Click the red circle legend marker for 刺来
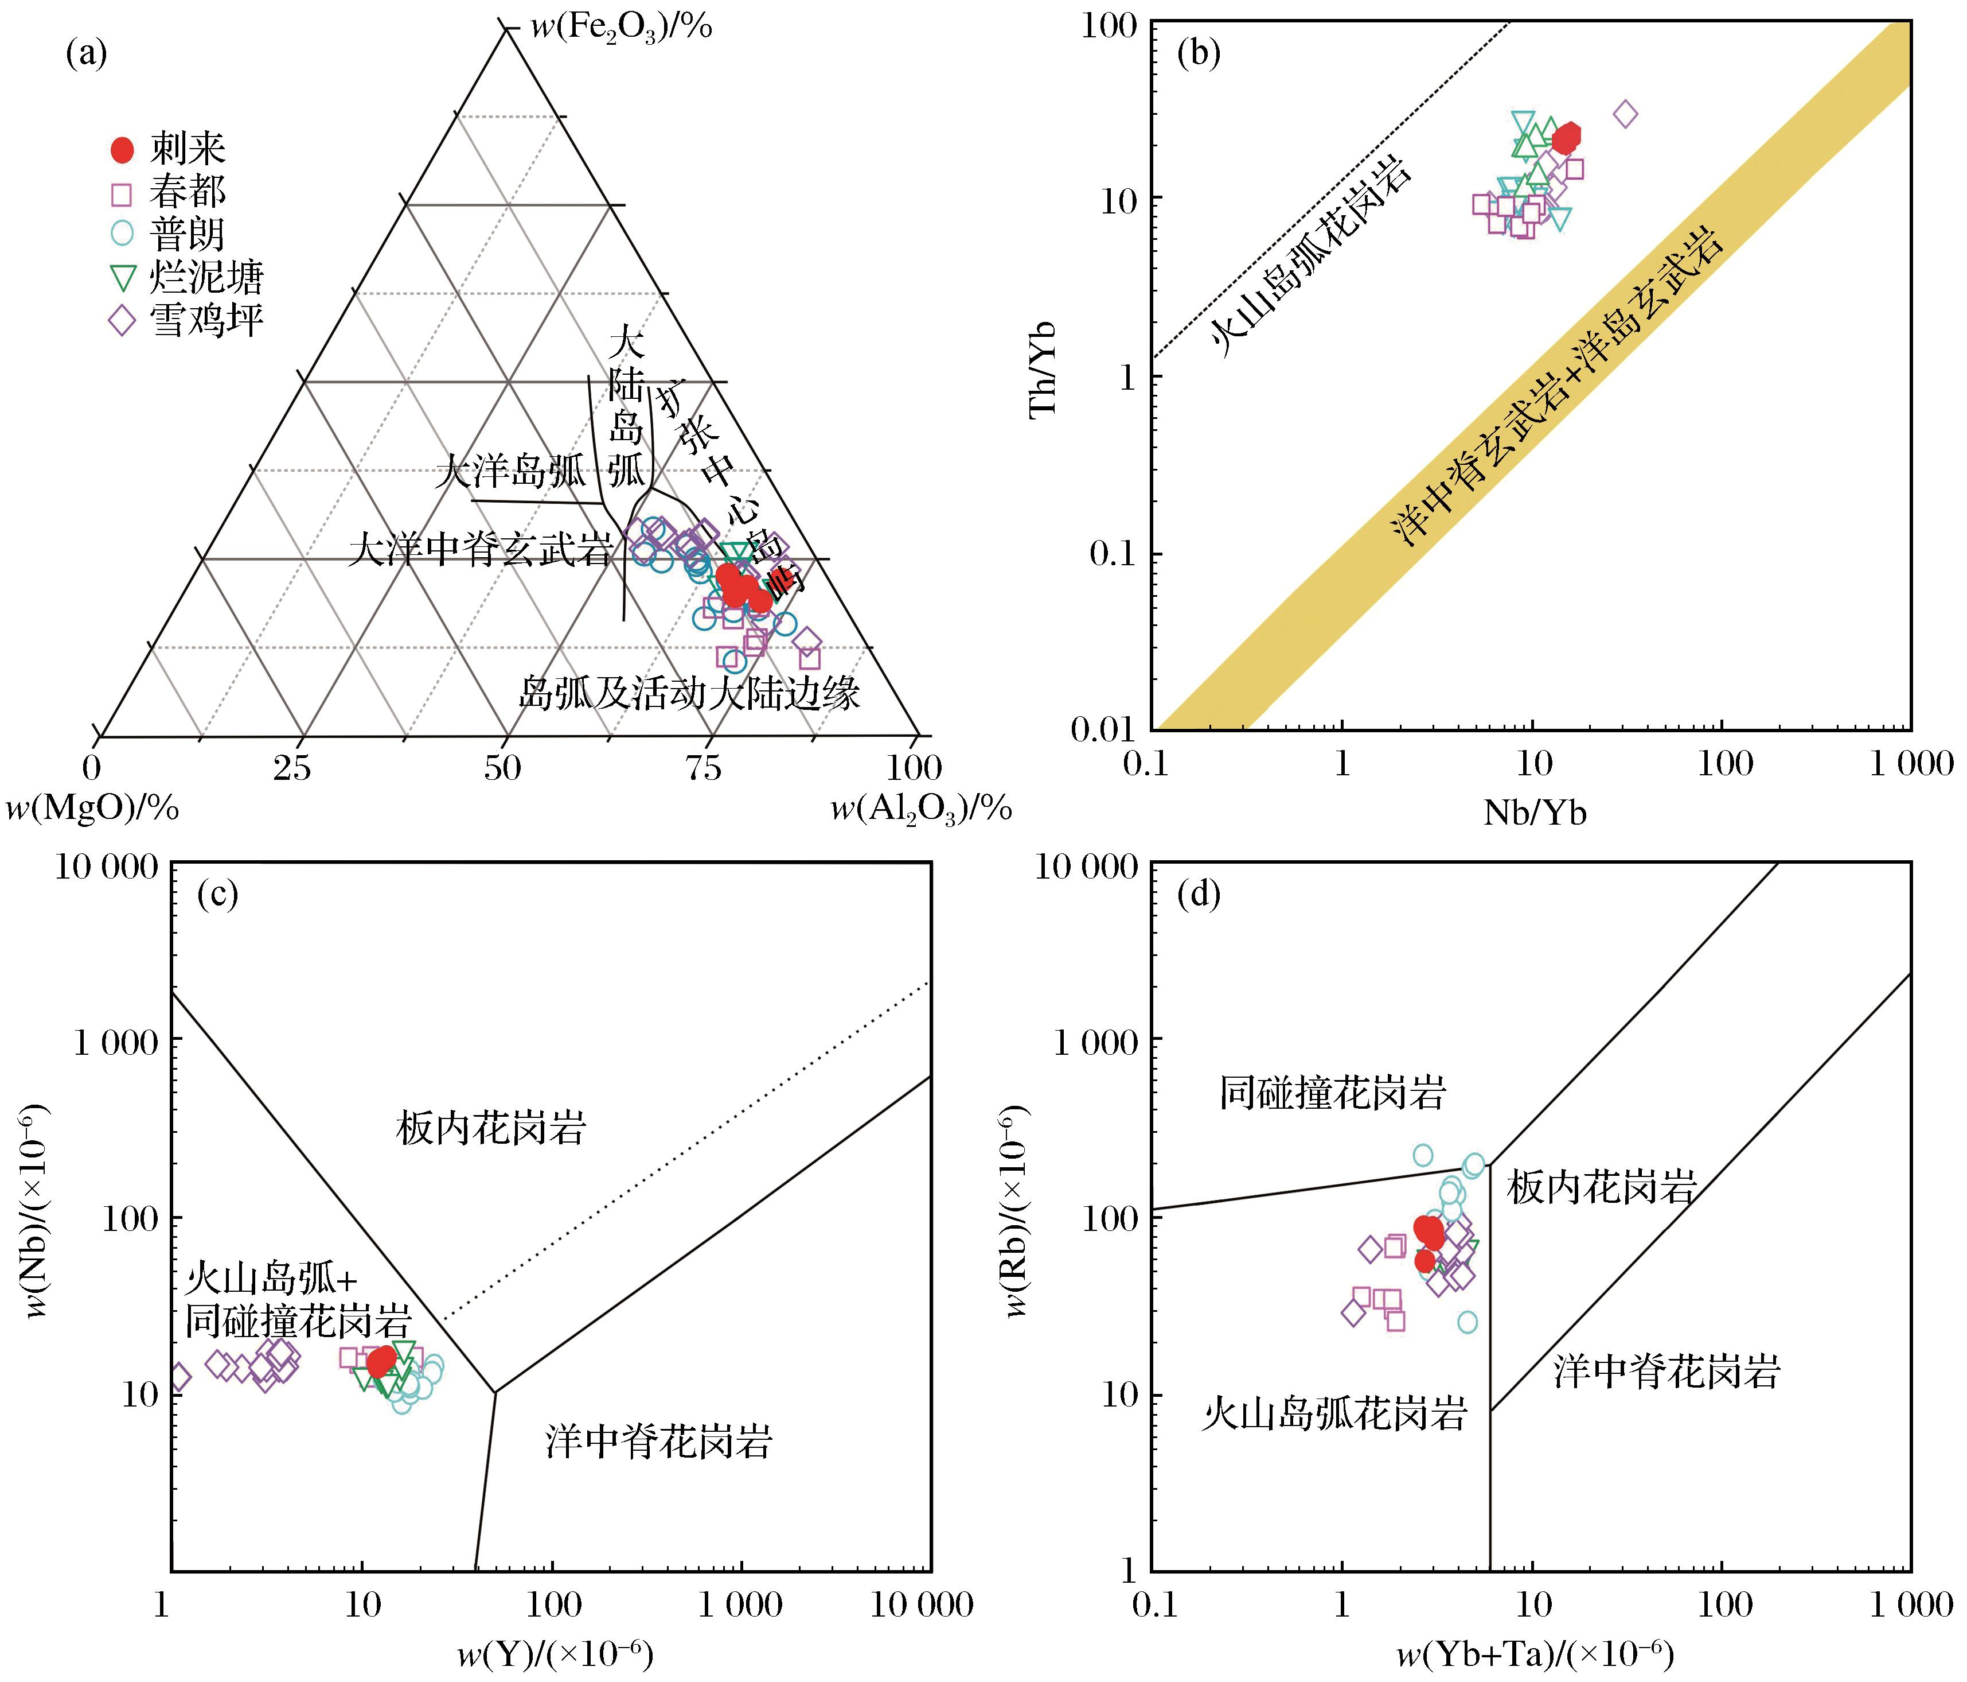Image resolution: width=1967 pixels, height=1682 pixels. click(122, 150)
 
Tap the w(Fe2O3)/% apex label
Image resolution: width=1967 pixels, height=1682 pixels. click(622, 26)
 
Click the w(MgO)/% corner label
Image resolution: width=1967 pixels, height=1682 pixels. click(92, 808)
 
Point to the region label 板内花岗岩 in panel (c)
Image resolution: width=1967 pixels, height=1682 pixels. click(491, 1128)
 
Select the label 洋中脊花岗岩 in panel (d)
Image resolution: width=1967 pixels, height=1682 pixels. click(1666, 1372)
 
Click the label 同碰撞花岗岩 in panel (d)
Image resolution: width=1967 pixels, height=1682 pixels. click(1332, 1093)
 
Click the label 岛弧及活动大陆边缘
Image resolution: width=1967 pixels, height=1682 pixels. click(689, 693)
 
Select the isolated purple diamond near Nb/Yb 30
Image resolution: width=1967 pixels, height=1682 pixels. click(1625, 115)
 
